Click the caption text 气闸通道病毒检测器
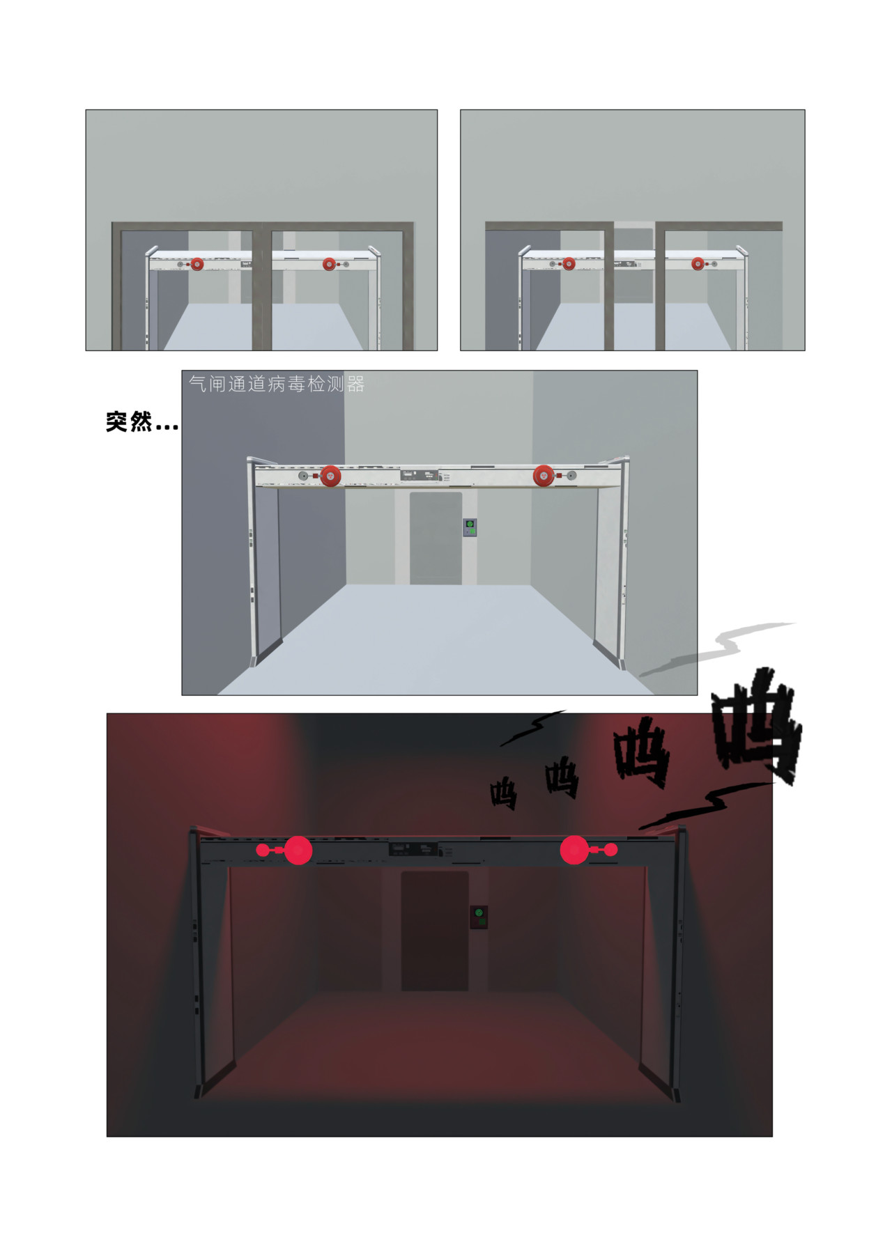pos(277,384)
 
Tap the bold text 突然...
pos(129,421)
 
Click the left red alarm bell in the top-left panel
pos(197,264)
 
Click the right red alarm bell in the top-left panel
pos(329,264)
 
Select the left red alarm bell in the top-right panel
pos(569,263)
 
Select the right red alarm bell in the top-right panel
pos(698,263)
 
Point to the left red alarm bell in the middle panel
pos(330,476)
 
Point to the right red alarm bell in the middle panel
pos(544,476)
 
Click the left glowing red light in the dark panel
pos(298,850)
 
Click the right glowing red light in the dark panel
pos(575,850)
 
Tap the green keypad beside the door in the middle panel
pos(470,527)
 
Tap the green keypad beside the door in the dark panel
pos(479,917)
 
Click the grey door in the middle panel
pos(436,538)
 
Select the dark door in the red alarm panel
pos(435,931)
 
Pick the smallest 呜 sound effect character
pos(502,793)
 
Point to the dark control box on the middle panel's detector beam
pos(419,476)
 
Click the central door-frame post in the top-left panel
pos(262,287)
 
